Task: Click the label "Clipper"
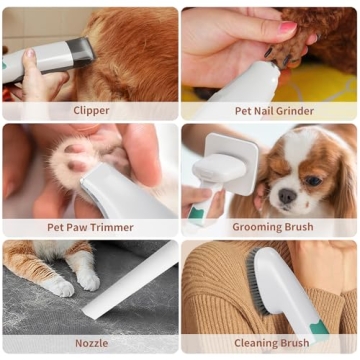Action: pos(91,110)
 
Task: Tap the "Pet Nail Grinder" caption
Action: pos(269,110)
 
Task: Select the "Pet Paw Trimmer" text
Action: pos(91,227)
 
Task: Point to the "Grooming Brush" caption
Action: pos(269,227)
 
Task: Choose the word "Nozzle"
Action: pos(91,343)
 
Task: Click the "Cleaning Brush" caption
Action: pos(269,343)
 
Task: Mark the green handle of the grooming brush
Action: pos(201,207)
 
